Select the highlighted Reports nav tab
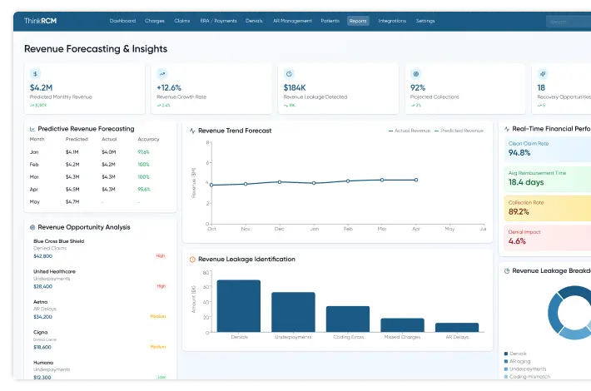pyautogui.click(x=358, y=21)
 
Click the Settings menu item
pyautogui.click(x=425, y=21)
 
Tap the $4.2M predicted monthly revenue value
pyautogui.click(x=41, y=87)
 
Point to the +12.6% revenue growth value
pyautogui.click(x=169, y=87)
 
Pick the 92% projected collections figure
pyautogui.click(x=418, y=87)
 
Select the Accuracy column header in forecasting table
pyautogui.click(x=147, y=139)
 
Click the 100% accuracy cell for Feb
pyautogui.click(x=143, y=165)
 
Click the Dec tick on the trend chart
pyautogui.click(x=279, y=228)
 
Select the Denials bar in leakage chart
pyautogui.click(x=238, y=306)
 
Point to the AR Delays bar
pyautogui.click(x=457, y=328)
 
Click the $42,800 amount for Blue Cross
pyautogui.click(x=42, y=256)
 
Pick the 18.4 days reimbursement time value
pyautogui.click(x=525, y=182)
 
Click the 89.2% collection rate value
pyautogui.click(x=519, y=211)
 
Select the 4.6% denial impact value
pyautogui.click(x=517, y=241)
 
